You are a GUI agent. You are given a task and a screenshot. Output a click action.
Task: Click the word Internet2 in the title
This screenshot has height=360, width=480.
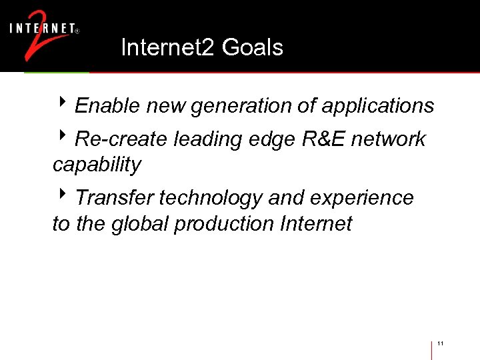169,47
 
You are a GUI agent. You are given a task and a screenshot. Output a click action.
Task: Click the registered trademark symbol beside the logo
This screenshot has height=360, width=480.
77,31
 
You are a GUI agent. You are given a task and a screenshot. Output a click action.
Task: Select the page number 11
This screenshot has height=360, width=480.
441,344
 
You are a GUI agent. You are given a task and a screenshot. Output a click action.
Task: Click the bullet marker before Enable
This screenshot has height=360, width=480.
63,104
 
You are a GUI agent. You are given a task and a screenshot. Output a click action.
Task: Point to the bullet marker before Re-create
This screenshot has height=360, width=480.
63,137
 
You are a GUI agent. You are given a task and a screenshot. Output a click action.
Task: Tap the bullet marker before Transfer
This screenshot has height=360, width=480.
63,197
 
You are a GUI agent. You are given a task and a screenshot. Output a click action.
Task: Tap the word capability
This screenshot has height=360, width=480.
97,165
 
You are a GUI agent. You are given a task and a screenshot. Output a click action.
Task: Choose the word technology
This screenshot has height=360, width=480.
209,199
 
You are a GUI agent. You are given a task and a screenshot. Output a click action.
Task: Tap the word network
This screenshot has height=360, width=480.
388,139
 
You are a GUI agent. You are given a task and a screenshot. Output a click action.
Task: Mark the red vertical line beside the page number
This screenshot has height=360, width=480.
432,350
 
